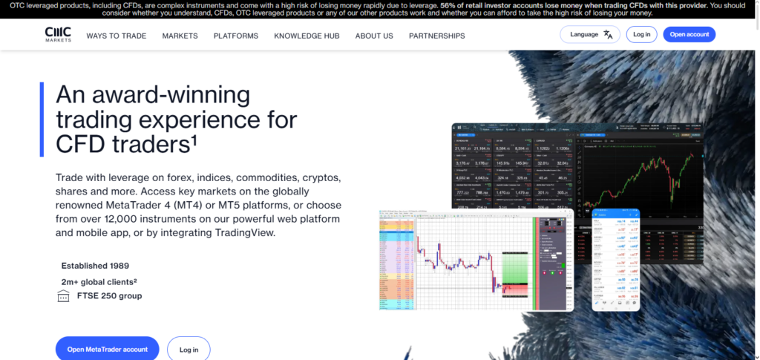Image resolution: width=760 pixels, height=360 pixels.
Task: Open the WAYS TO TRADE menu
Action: click(x=116, y=36)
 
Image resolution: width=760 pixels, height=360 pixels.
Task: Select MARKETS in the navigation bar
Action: click(x=180, y=36)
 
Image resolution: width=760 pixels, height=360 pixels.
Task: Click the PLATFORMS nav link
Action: click(x=236, y=36)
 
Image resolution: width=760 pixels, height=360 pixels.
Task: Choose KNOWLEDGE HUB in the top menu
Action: click(x=307, y=36)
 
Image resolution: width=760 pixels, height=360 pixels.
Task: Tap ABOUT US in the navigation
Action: click(x=374, y=36)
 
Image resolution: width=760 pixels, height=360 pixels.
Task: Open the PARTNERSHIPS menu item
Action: click(x=436, y=36)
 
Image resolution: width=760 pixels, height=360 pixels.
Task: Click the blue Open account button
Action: click(x=689, y=34)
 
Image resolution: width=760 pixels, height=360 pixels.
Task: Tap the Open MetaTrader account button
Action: click(x=107, y=349)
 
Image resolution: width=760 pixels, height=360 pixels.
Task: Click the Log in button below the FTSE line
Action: click(x=189, y=349)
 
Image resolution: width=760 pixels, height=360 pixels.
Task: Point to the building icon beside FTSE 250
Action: click(x=63, y=296)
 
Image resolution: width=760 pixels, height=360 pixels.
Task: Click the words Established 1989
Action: click(x=95, y=265)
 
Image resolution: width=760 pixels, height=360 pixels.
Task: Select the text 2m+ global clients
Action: click(x=99, y=281)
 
